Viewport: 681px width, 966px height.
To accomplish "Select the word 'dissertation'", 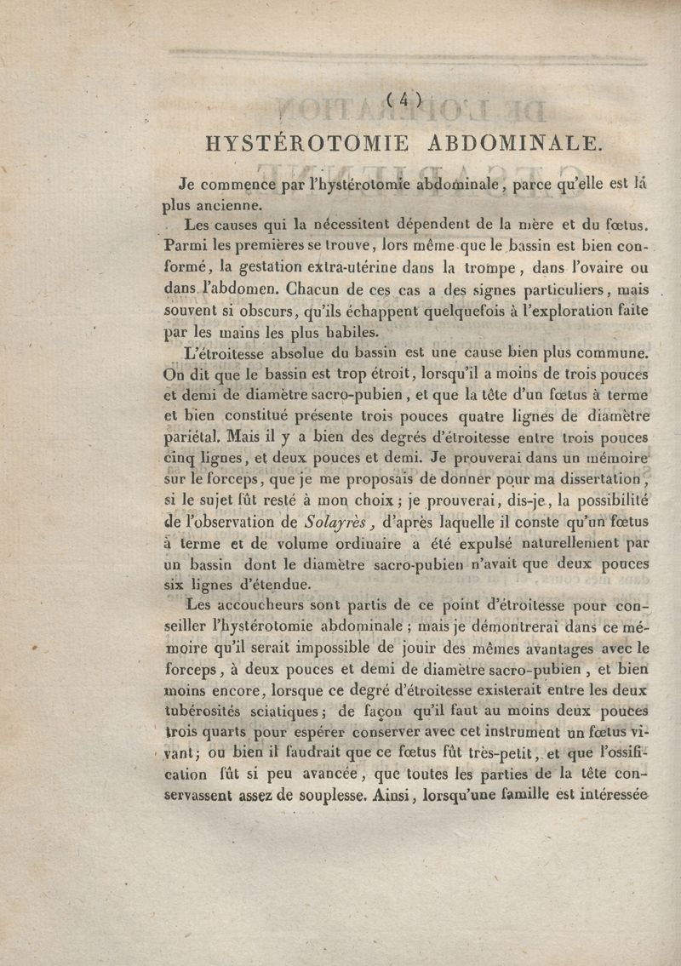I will (596, 478).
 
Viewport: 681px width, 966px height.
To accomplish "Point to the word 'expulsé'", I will (456, 542).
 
